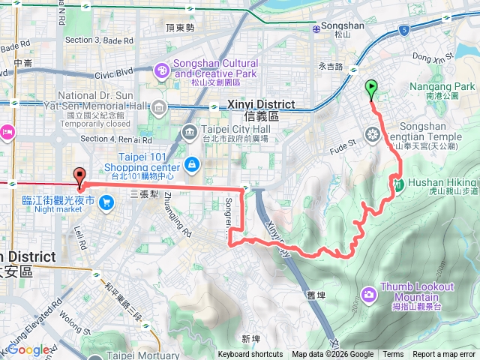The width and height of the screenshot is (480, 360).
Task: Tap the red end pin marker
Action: (79, 177)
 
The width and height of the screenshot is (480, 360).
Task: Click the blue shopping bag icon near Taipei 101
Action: (193, 163)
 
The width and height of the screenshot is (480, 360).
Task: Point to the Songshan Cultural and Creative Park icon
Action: (162, 70)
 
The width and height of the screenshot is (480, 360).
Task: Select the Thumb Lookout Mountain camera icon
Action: (368, 294)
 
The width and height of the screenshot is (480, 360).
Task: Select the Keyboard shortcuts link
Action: (250, 355)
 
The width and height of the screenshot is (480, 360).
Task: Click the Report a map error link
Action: (445, 355)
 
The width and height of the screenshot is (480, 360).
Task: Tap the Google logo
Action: (28, 349)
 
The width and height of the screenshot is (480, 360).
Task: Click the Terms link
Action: (393, 355)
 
